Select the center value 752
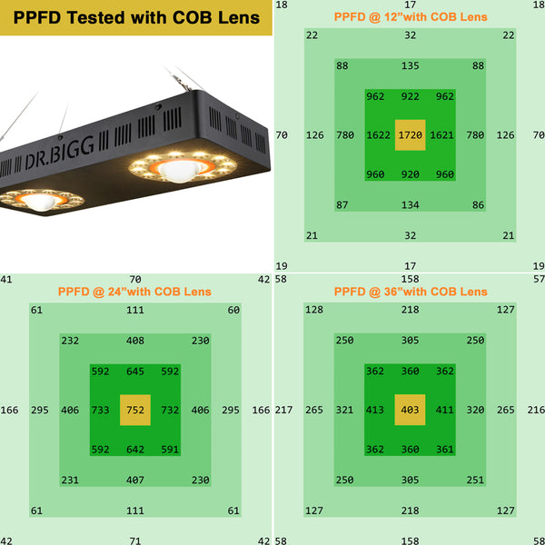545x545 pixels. [135, 411]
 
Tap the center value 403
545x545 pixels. [411, 411]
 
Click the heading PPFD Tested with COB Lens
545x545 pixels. [136, 17]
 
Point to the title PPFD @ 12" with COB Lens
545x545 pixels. [411, 16]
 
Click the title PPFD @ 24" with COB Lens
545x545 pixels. [134, 292]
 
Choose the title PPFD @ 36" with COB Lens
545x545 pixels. [411, 292]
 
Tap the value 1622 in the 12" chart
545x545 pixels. [379, 135]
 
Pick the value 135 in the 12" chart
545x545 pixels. [411, 65]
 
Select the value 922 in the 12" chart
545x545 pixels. [411, 96]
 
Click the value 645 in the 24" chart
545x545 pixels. [135, 371]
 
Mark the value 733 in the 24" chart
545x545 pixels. [101, 411]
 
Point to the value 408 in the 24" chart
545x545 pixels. [135, 341]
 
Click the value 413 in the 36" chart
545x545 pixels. [375, 411]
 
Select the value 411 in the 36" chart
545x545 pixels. [445, 411]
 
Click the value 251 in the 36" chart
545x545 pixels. [476, 480]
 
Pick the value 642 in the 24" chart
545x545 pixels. [135, 448]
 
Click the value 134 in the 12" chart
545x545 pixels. [411, 205]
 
